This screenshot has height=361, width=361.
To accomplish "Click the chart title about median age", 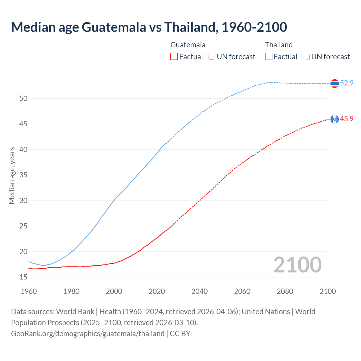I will click(149, 27).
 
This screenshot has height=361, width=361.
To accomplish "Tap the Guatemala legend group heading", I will click(188, 45).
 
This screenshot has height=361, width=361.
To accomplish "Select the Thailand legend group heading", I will click(279, 45).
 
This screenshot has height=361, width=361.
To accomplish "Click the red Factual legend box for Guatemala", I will click(174, 57).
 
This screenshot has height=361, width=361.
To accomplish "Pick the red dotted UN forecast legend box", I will click(212, 57).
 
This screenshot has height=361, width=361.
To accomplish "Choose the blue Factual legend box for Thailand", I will click(269, 57).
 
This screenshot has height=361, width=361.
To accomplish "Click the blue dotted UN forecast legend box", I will click(306, 57).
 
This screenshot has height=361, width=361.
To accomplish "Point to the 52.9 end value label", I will click(347, 83).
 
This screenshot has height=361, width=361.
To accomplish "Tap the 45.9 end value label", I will click(347, 119).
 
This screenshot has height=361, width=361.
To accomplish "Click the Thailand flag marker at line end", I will click(334, 83).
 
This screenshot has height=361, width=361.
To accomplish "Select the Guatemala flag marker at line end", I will click(334, 119).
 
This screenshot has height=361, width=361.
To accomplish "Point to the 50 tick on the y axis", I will click(23, 98).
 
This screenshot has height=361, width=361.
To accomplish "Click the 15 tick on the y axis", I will click(23, 277).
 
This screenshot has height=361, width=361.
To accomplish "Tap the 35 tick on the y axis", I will click(23, 175).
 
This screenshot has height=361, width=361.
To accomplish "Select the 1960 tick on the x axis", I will click(29, 291).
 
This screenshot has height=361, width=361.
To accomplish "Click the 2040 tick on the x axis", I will click(199, 291).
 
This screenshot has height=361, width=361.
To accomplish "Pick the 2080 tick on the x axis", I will click(285, 291).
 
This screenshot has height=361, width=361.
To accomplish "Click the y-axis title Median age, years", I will click(12, 175).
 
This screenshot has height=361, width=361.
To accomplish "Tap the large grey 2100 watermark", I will click(297, 265).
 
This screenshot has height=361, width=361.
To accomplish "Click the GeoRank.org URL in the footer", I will click(88, 334).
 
